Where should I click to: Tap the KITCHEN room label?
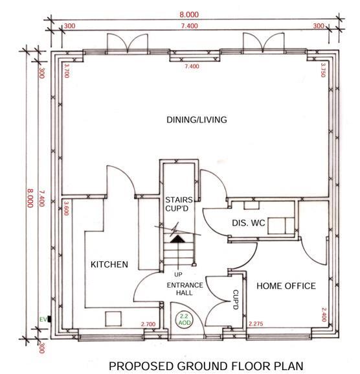(x=109, y=264)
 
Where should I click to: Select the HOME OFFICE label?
(x=286, y=286)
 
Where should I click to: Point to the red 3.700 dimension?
(x=66, y=69)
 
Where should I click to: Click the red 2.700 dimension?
(x=148, y=323)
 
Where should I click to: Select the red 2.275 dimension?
(x=255, y=323)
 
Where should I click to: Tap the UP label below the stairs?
(x=178, y=274)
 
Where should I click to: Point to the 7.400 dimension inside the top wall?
(x=192, y=66)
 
